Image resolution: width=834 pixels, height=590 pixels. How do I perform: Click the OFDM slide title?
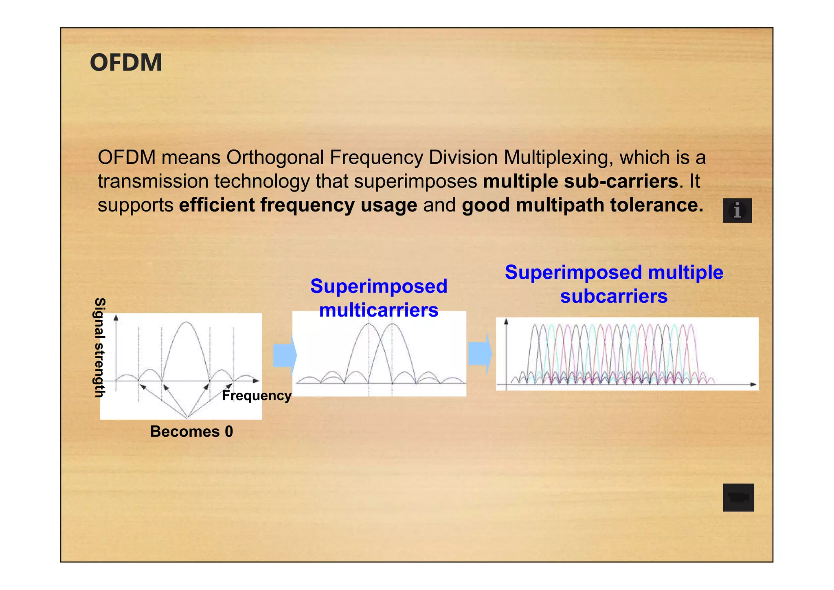[x=126, y=63]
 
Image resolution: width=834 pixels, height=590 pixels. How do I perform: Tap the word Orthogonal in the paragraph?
[x=275, y=157]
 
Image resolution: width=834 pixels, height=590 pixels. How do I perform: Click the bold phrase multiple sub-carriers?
[x=581, y=181]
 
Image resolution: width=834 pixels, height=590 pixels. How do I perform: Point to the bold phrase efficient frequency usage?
[x=298, y=205]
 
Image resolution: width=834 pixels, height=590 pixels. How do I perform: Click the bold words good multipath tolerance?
[x=582, y=205]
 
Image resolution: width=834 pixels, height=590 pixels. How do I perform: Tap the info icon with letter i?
[x=737, y=211]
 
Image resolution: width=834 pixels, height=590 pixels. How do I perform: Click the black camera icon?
[x=738, y=498]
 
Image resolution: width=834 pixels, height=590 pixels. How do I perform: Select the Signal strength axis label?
[x=100, y=347]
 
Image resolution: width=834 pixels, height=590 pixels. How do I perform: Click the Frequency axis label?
[x=257, y=396]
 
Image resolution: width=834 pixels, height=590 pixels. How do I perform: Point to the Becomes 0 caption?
[x=191, y=431]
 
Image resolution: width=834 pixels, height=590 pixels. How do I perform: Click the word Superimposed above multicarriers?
[x=379, y=286]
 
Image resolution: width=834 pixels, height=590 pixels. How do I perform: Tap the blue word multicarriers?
[x=379, y=310]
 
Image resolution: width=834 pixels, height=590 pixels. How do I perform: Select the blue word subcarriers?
[x=614, y=296]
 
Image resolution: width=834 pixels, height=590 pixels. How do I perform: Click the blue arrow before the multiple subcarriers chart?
[x=480, y=353]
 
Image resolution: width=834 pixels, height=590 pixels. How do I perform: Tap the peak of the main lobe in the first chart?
[x=186, y=322]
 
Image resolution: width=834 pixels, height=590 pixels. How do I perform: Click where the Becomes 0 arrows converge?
[x=187, y=417]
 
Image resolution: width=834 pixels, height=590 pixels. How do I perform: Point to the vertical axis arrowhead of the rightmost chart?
[x=506, y=321]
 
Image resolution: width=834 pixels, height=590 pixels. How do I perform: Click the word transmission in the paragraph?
[x=153, y=181]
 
